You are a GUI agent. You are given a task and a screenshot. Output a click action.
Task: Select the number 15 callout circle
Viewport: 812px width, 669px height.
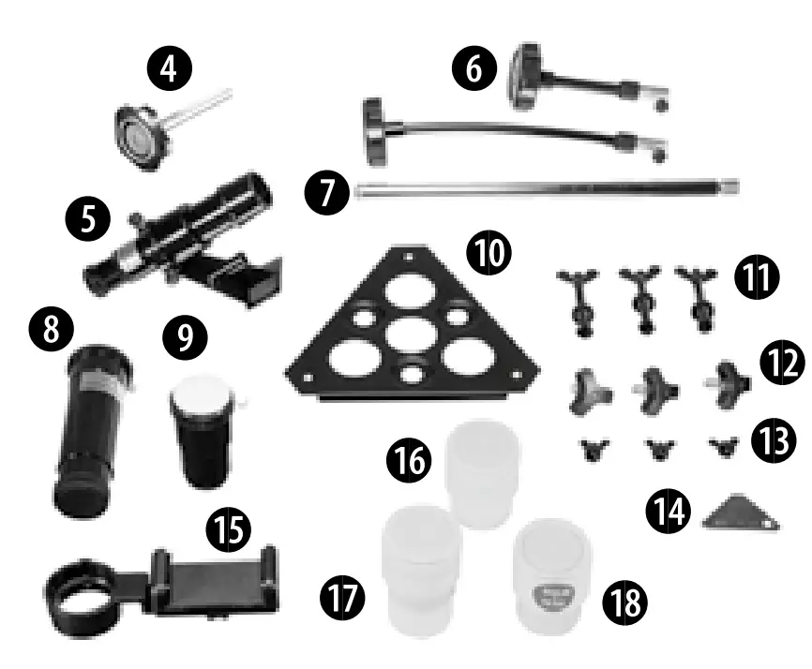tap(229, 531)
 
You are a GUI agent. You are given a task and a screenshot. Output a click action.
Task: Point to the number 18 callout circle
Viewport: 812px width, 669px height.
tap(624, 602)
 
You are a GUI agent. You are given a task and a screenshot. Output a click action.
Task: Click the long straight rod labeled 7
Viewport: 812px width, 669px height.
tap(544, 189)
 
